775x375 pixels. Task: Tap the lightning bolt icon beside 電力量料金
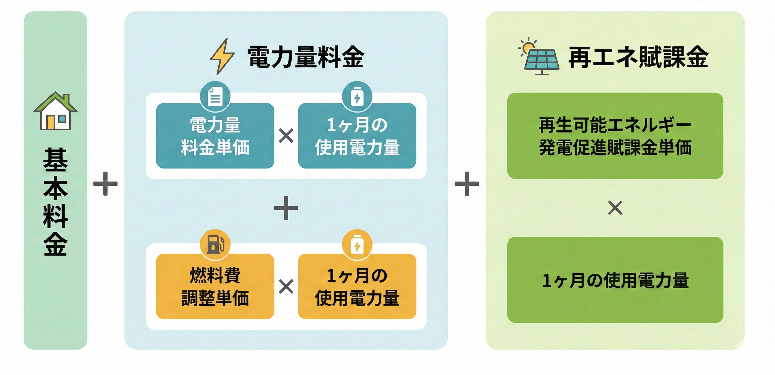click(x=222, y=56)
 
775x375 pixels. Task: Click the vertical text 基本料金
click(x=55, y=202)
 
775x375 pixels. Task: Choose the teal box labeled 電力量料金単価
click(x=215, y=136)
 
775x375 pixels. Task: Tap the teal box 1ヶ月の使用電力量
click(x=357, y=136)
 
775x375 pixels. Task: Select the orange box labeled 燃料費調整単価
click(x=215, y=286)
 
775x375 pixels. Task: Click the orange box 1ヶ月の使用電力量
click(x=357, y=286)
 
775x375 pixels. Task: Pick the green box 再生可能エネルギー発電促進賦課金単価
click(x=615, y=136)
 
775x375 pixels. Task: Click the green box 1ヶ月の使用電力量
click(x=615, y=280)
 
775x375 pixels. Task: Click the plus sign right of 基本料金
click(x=105, y=184)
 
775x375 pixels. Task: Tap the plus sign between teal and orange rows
click(x=286, y=208)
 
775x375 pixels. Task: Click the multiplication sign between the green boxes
click(x=615, y=208)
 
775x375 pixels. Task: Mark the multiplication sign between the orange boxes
click(x=286, y=286)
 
